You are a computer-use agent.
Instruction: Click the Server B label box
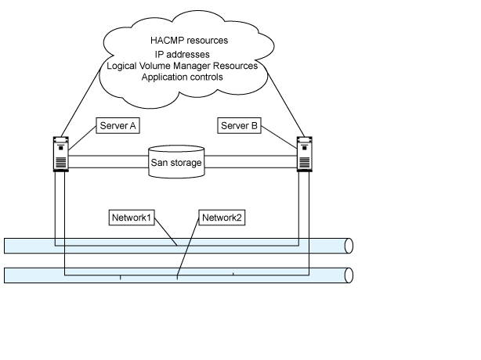point(240,125)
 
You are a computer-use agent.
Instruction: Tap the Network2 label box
point(222,217)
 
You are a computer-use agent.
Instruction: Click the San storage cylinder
point(177,161)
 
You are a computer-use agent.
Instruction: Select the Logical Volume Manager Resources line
point(183,66)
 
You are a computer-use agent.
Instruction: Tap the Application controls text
point(182,77)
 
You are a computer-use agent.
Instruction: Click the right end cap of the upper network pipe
point(349,245)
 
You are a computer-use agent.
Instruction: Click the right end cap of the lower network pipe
point(349,275)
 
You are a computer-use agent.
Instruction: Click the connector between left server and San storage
point(109,161)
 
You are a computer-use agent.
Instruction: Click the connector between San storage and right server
point(251,161)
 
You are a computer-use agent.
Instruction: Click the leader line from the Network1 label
point(167,234)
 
